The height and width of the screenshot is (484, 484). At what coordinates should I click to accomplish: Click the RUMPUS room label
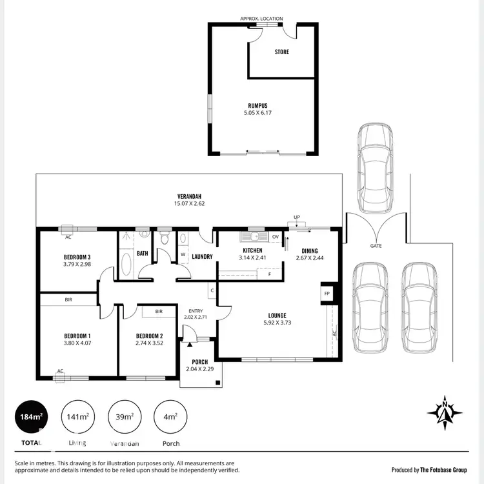pyautogui.click(x=257, y=105)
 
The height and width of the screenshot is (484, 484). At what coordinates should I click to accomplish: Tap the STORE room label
pyautogui.click(x=282, y=52)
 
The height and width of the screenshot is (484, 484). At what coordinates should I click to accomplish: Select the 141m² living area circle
pyautogui.click(x=77, y=418)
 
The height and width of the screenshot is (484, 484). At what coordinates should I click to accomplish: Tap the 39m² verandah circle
pyautogui.click(x=125, y=418)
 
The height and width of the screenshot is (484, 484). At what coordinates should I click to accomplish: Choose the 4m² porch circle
pyautogui.click(x=171, y=418)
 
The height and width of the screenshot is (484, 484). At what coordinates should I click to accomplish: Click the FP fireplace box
pyautogui.click(x=327, y=294)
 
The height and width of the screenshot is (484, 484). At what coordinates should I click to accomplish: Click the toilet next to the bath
pyautogui.click(x=165, y=239)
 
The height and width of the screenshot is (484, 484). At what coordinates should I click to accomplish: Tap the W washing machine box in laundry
pyautogui.click(x=183, y=254)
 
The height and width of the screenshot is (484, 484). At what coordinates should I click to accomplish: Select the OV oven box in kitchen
pyautogui.click(x=275, y=237)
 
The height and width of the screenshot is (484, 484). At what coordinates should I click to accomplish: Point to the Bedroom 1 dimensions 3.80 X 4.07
pyautogui.click(x=77, y=344)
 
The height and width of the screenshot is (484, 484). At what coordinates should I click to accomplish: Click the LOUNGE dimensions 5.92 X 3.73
pyautogui.click(x=278, y=323)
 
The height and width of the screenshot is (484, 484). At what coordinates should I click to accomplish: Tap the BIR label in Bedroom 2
pyautogui.click(x=158, y=312)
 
